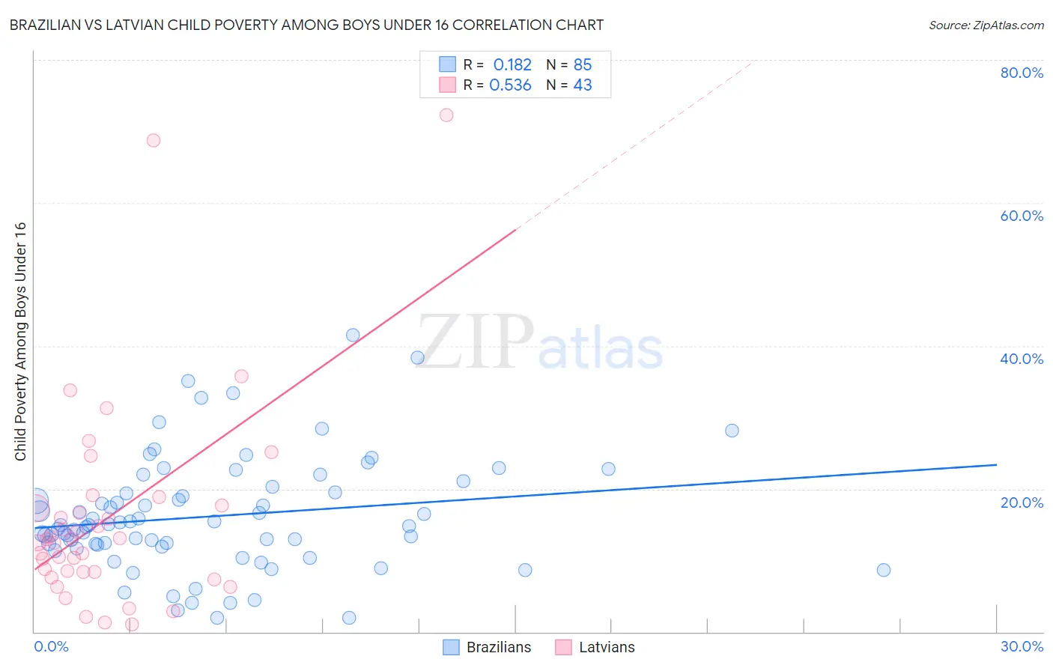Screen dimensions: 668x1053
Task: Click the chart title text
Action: point(306,25)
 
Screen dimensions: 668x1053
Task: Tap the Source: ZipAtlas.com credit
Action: point(986,25)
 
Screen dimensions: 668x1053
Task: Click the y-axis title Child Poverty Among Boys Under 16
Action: point(20,341)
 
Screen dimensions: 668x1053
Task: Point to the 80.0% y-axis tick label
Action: point(1022,73)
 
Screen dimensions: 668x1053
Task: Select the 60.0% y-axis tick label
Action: point(1022,216)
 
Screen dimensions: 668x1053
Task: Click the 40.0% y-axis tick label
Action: point(1022,359)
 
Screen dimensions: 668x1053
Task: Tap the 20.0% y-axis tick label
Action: point(1022,502)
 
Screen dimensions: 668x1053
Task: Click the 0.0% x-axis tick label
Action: point(51,646)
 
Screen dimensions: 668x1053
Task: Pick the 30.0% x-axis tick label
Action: point(1022,646)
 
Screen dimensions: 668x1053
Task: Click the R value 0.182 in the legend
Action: point(512,64)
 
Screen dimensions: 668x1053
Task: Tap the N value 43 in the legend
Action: point(583,85)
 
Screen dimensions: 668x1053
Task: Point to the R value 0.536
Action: point(510,85)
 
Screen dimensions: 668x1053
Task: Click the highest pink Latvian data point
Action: point(446,115)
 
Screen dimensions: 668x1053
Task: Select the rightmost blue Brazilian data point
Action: point(884,570)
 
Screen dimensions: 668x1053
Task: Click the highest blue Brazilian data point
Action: point(353,335)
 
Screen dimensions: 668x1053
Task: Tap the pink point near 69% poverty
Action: point(154,140)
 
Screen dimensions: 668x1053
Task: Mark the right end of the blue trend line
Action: point(996,465)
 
